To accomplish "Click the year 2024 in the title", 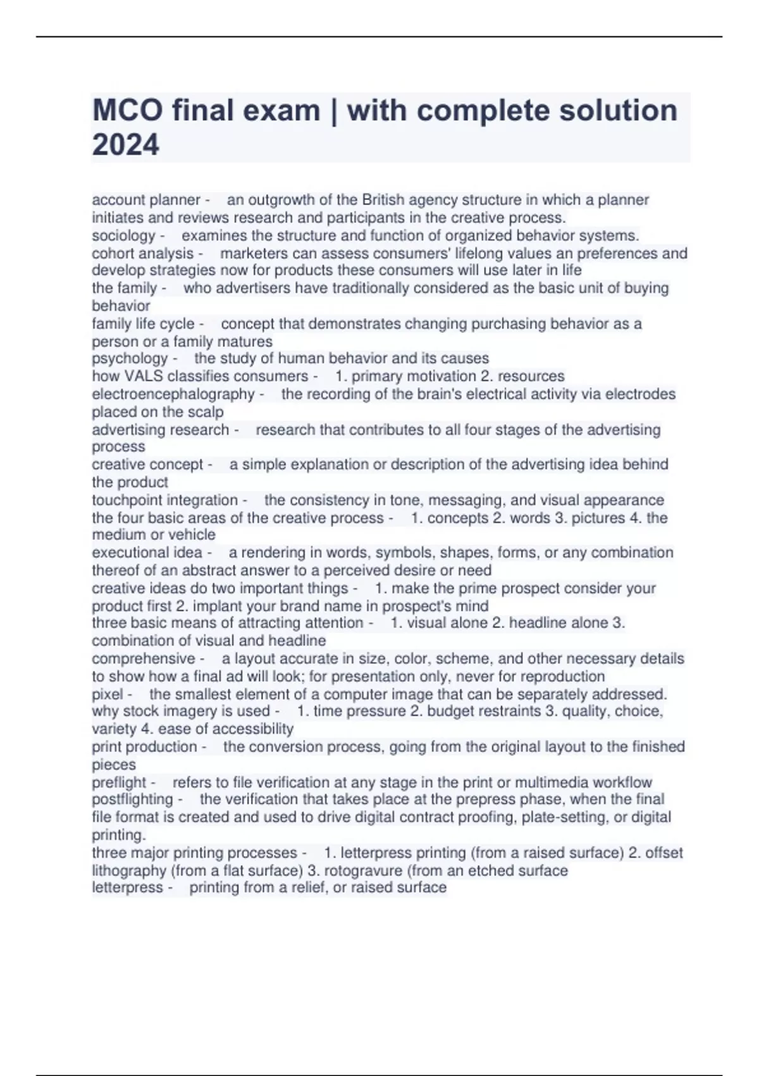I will (125, 144).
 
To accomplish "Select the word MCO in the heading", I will (126, 110).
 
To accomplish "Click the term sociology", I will (123, 235).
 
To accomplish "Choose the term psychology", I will (130, 358).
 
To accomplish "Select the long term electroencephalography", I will (173, 394).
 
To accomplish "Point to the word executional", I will (127, 553).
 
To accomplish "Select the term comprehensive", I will (144, 658).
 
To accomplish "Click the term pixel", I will (108, 694).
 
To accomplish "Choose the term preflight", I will (119, 782).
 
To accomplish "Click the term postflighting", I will (132, 799).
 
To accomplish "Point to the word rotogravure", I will (362, 870).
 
